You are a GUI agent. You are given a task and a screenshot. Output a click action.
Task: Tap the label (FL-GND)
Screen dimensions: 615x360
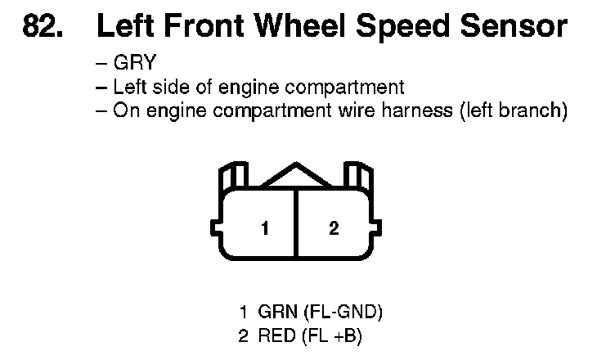click(343, 312)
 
